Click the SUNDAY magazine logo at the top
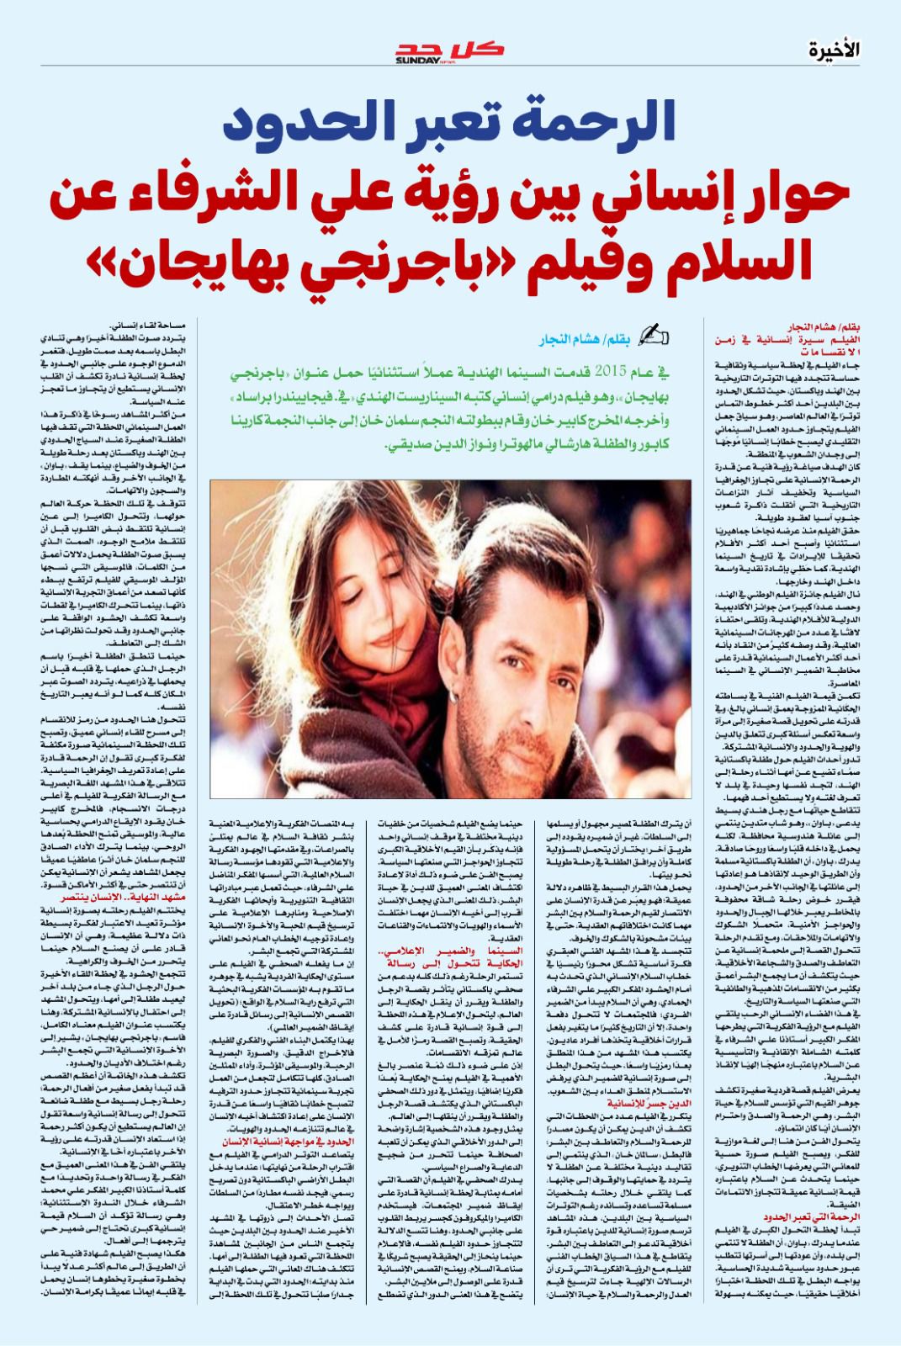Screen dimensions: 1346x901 point(450,52)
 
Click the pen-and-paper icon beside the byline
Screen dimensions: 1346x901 point(654,335)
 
